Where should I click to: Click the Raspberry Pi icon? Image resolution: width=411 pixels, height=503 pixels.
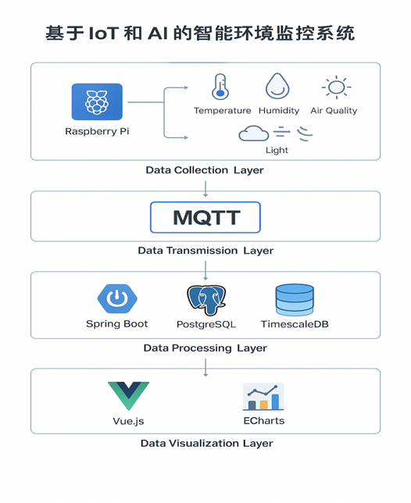click(97, 102)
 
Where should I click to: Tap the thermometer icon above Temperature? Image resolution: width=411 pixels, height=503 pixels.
click(220, 87)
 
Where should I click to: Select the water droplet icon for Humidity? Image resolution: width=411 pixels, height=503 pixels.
click(277, 86)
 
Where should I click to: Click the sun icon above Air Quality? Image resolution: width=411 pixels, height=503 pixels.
click(336, 87)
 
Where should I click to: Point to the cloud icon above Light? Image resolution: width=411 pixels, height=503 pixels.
click(254, 134)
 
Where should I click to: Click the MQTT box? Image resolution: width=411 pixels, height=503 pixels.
click(205, 217)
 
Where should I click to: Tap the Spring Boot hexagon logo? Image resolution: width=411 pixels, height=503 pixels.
click(117, 298)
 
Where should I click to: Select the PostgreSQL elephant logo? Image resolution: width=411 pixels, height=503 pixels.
click(206, 300)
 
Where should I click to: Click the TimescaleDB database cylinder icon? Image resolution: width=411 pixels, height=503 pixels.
click(295, 300)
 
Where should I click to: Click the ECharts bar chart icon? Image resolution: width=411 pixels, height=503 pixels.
click(263, 397)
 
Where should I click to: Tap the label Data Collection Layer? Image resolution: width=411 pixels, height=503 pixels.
click(205, 170)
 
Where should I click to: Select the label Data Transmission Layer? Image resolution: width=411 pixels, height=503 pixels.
click(205, 251)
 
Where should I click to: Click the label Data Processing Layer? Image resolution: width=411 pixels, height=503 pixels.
click(205, 348)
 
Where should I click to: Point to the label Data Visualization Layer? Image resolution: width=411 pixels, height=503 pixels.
click(207, 444)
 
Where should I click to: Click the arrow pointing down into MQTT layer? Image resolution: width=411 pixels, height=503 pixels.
click(205, 189)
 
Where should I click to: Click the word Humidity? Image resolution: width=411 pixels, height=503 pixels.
click(279, 111)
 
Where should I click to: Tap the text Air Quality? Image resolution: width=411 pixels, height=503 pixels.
click(334, 111)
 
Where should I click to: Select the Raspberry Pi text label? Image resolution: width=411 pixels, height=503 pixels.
click(97, 131)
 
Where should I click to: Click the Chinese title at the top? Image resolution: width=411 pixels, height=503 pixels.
click(200, 34)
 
